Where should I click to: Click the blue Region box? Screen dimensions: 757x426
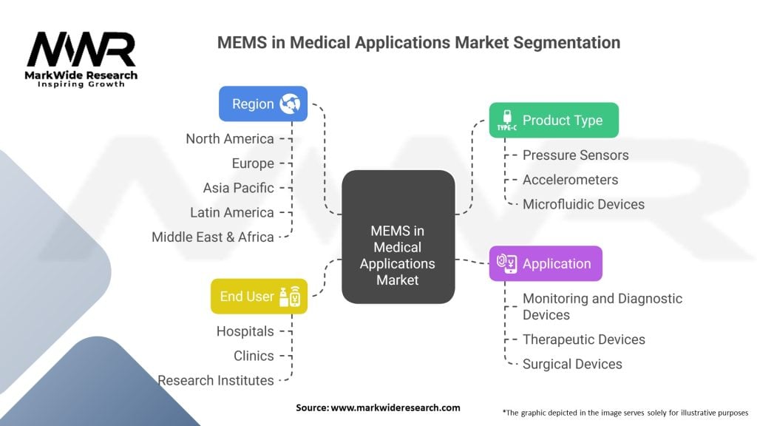pyautogui.click(x=263, y=104)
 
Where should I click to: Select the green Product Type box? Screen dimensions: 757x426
pyautogui.click(x=554, y=121)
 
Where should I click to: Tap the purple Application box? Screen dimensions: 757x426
pyautogui.click(x=546, y=264)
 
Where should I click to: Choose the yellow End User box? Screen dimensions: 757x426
pyautogui.click(x=259, y=296)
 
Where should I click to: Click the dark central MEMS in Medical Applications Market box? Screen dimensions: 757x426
pyautogui.click(x=398, y=237)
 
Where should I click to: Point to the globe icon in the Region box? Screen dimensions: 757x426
pyautogui.click(x=290, y=104)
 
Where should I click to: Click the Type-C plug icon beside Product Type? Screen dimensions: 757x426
pyautogui.click(x=507, y=121)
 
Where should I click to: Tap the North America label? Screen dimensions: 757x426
pyautogui.click(x=230, y=139)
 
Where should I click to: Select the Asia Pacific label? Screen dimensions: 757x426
pyautogui.click(x=239, y=188)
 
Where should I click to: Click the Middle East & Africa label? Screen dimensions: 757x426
pyautogui.click(x=213, y=237)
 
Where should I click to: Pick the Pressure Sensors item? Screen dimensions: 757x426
pyautogui.click(x=575, y=155)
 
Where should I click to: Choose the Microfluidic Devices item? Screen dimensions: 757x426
pyautogui.click(x=584, y=204)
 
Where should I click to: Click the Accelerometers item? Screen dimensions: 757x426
pyautogui.click(x=570, y=180)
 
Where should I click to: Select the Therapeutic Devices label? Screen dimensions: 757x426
pyautogui.click(x=584, y=339)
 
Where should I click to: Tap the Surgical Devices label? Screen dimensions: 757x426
pyautogui.click(x=572, y=364)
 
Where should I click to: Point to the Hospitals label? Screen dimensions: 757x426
pyautogui.click(x=245, y=331)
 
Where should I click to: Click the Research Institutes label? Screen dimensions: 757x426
pyautogui.click(x=216, y=381)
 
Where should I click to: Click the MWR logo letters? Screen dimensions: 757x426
pyautogui.click(x=81, y=50)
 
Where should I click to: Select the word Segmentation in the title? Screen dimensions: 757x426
pyautogui.click(x=567, y=43)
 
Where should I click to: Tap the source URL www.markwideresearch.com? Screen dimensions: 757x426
pyautogui.click(x=396, y=408)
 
